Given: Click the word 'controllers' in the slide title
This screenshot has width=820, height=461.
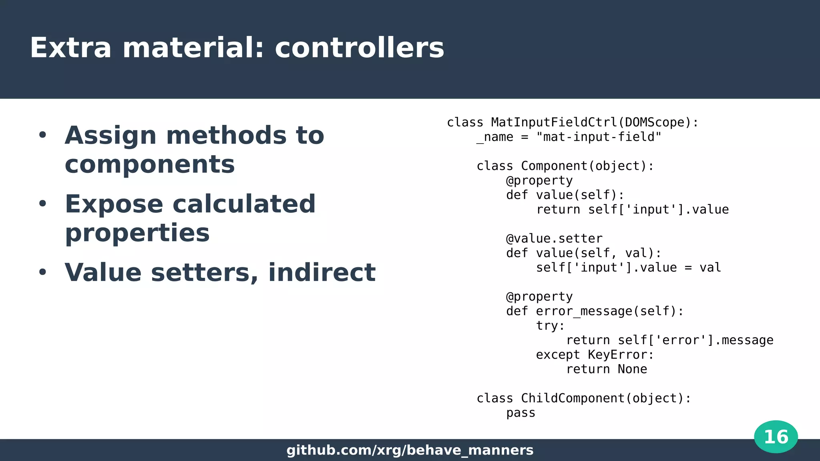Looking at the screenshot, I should (359, 48).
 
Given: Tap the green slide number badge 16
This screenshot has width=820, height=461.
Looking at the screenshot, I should (776, 437).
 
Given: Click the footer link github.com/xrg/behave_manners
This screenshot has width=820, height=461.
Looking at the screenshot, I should (410, 450).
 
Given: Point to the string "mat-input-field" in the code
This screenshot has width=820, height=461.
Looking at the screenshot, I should (599, 137).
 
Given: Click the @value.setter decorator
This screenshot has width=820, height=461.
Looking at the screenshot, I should (554, 239).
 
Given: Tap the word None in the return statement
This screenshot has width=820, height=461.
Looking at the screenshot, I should (632, 369).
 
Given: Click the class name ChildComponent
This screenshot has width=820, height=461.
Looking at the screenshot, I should (573, 399).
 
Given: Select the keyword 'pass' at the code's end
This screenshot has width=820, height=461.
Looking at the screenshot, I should (521, 413).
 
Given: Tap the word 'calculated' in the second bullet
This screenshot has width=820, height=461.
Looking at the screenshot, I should (244, 204).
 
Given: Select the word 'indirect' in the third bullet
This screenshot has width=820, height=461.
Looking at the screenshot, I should (322, 273).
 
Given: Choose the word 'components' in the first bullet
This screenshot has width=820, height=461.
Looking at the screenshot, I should (150, 164).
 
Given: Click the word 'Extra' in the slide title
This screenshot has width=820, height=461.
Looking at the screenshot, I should (70, 48).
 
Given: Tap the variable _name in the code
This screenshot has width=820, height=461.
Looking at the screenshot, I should (495, 137).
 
